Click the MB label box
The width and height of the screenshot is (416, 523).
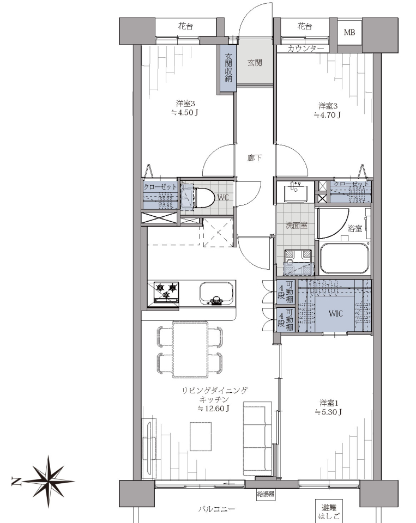349,32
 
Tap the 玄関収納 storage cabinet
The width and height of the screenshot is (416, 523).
228,69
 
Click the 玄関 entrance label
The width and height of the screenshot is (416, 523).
255,62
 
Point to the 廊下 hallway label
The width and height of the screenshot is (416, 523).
255,158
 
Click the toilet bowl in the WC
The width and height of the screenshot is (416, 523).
204,197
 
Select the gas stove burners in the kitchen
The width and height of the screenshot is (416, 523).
166,292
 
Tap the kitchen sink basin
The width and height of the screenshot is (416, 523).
216,293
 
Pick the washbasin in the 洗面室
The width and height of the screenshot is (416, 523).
295,192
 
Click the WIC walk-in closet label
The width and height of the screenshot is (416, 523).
335,314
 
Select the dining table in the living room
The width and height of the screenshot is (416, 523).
190,349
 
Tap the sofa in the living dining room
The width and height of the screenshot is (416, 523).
257,439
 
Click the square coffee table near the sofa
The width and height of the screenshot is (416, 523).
201,436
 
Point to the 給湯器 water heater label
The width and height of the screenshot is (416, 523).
266,494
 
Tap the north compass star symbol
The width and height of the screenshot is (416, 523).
48,481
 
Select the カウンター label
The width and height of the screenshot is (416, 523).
305,48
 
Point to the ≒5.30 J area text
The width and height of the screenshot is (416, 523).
329,412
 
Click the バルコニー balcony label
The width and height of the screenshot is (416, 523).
217,509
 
